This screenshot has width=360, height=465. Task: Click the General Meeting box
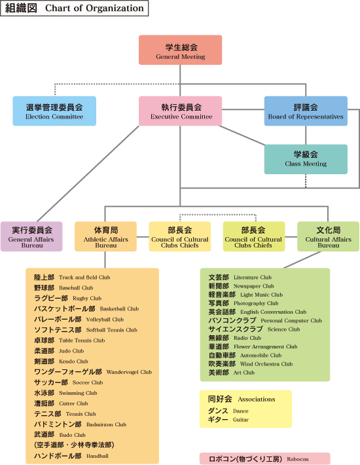point(180,50)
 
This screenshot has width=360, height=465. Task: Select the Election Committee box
point(54,111)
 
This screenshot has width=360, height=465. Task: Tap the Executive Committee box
point(180,111)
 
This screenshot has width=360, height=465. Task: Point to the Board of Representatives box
point(306,111)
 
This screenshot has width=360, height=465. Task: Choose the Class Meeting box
point(306,159)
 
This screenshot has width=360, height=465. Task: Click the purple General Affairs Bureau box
point(31,236)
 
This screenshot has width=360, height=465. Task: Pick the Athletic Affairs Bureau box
point(105,236)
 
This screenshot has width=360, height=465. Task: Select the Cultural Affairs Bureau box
point(329,236)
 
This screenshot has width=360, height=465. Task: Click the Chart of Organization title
point(75,8)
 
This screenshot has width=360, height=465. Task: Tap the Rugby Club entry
point(68,299)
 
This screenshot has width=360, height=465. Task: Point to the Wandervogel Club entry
point(93,372)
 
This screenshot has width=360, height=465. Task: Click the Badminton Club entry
point(81,424)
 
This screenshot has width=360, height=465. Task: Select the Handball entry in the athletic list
point(71,456)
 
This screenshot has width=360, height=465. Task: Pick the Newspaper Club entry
point(241,286)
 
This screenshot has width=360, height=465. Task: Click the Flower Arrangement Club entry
point(253,346)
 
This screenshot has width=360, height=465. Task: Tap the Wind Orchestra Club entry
point(251,364)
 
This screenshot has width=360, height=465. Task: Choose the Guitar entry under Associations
point(228,420)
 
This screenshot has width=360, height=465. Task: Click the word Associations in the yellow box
point(257,399)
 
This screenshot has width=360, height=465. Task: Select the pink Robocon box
point(265,458)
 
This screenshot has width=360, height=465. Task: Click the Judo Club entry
point(59,351)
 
